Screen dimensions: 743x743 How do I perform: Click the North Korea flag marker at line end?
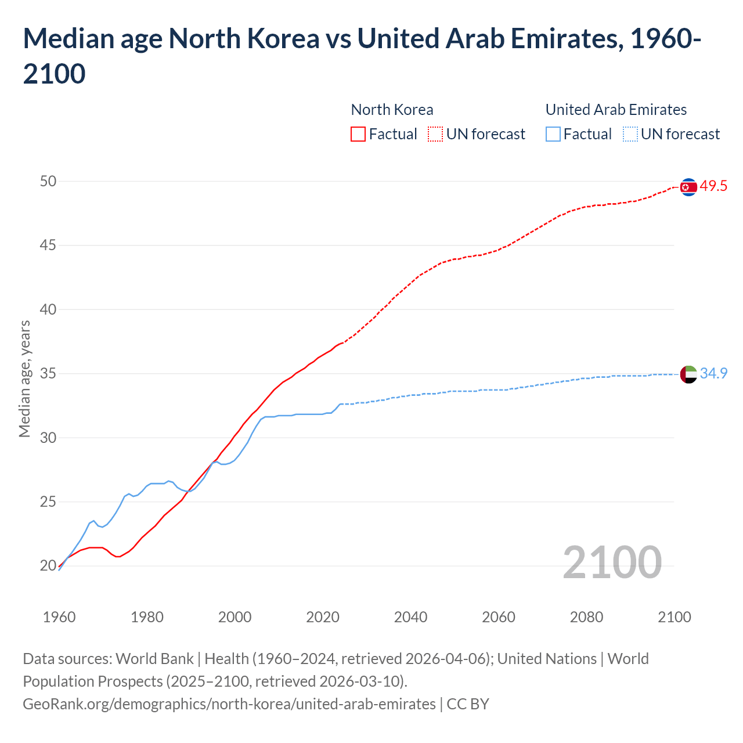coord(688,187)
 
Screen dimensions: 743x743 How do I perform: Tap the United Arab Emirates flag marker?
coord(688,374)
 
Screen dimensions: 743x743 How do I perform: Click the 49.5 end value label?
coord(713,186)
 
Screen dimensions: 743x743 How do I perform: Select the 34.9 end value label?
coord(713,374)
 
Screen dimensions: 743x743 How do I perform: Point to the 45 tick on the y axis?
coord(48,246)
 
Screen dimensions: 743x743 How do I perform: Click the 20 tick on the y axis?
coord(48,566)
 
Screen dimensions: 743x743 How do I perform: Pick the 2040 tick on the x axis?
coord(410,617)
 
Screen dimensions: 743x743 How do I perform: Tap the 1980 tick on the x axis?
coord(147,617)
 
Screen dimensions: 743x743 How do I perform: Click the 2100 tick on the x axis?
coord(674,617)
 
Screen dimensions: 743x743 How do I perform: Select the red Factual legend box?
coord(358,134)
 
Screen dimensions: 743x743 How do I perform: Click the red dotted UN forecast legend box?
coord(435,134)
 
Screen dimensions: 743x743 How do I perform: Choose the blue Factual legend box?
coord(553,134)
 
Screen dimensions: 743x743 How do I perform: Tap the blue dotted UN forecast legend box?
coord(630,134)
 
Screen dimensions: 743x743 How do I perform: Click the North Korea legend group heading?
coord(392,110)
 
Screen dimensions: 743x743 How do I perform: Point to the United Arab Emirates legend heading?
coord(616,110)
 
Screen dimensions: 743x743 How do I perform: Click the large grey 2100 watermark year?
coord(612,562)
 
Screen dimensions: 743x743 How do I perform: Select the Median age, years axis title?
coord(24,378)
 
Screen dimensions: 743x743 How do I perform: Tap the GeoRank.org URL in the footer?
coord(229,704)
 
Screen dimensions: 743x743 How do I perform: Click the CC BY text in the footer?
coord(468,704)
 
